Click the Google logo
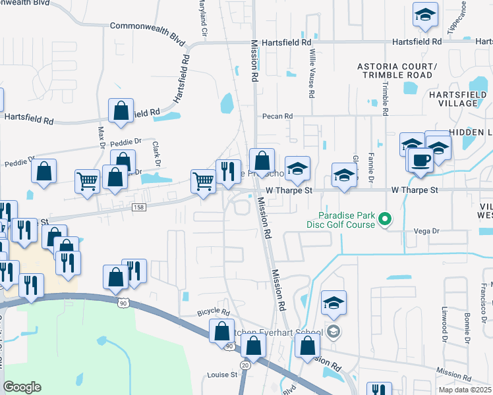click(x=22, y=387)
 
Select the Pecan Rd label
click(x=277, y=117)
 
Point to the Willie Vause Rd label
click(x=311, y=78)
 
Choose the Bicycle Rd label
click(x=212, y=311)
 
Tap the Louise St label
click(x=223, y=375)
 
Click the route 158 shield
click(x=138, y=207)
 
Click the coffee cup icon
click(x=420, y=159)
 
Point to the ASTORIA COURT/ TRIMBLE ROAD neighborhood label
click(x=395, y=70)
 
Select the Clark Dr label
click(x=157, y=153)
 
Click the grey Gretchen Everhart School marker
click(x=333, y=331)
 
